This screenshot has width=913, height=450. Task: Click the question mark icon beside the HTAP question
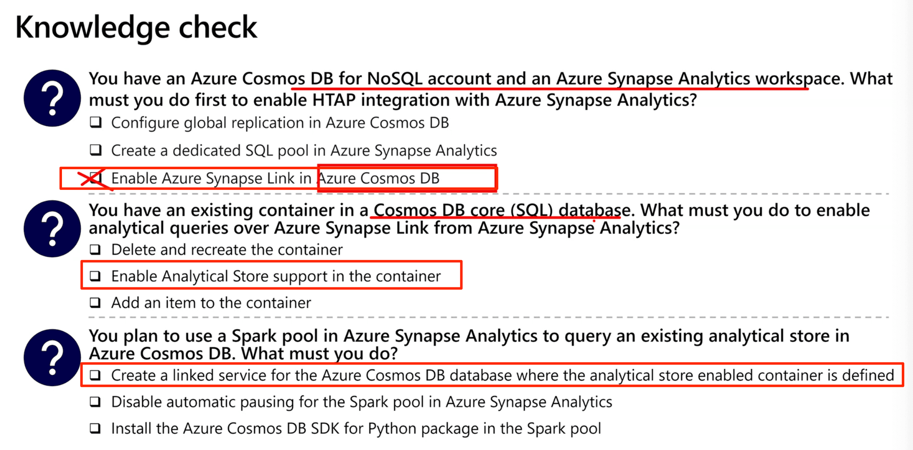[x=52, y=98]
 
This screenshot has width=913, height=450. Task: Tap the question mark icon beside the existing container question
[x=52, y=229]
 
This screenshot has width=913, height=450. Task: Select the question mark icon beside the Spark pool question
[x=52, y=358]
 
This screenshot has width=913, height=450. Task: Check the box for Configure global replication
[x=96, y=123]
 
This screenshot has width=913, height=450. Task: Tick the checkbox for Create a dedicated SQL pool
[x=96, y=150]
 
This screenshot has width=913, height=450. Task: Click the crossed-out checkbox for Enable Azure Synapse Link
[x=96, y=178]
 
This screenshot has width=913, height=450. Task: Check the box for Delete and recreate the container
[x=95, y=249]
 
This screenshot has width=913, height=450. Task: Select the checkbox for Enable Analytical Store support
[x=95, y=276]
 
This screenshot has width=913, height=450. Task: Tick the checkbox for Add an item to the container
[x=95, y=303]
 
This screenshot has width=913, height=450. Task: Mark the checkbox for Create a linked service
[x=95, y=375]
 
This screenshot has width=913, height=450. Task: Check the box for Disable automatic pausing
[x=95, y=402]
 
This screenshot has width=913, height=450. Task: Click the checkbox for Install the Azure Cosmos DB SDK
[x=95, y=428]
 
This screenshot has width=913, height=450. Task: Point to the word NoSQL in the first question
[x=395, y=78]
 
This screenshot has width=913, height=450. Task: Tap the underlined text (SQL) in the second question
[x=532, y=211]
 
